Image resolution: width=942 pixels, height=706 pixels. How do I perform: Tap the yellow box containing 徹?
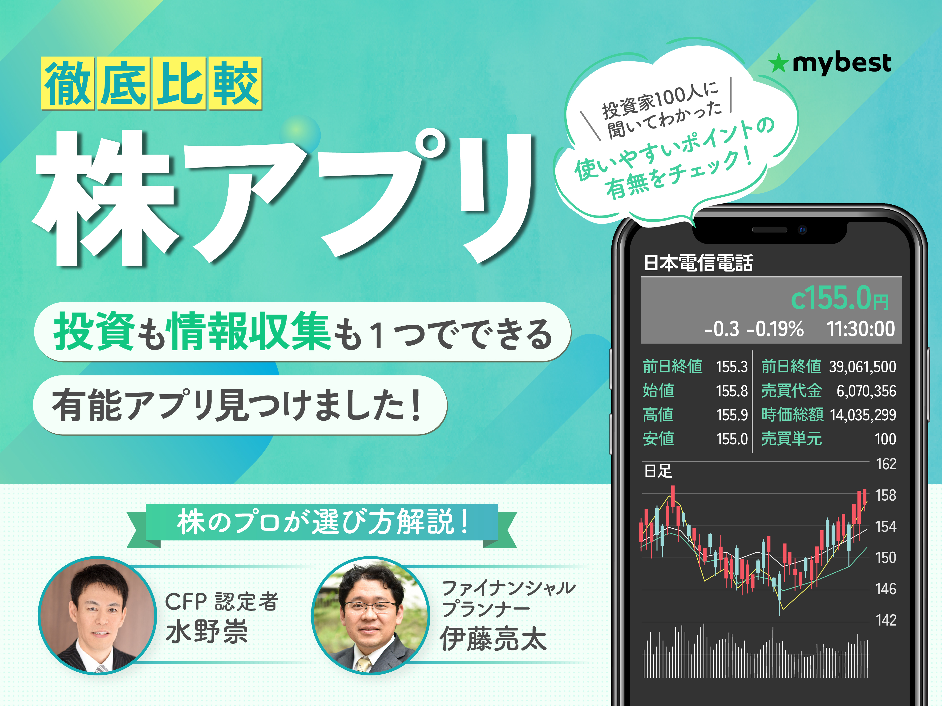coord(67,84)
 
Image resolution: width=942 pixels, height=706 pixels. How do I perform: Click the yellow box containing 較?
coord(235,84)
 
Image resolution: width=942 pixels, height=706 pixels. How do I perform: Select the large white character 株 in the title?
coord(104,198)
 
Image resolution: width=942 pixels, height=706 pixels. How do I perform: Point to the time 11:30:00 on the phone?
coord(860,329)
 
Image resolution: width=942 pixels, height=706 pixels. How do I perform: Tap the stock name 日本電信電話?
coord(698,263)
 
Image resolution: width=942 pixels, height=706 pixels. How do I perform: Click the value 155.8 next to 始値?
coord(732,391)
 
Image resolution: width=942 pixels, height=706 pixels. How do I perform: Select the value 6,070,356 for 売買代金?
coord(866,391)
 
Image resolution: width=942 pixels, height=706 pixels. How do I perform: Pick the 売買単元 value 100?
coord(885,439)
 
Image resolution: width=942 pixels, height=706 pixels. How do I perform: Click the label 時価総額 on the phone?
coord(792,415)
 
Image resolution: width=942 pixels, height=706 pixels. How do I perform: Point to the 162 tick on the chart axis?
coord(886,464)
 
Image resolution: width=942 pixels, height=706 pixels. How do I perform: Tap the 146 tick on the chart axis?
coord(886,589)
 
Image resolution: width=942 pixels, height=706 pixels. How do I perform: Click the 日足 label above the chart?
coord(658,471)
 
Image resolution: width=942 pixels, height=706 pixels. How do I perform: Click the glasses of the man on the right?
coord(370,607)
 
